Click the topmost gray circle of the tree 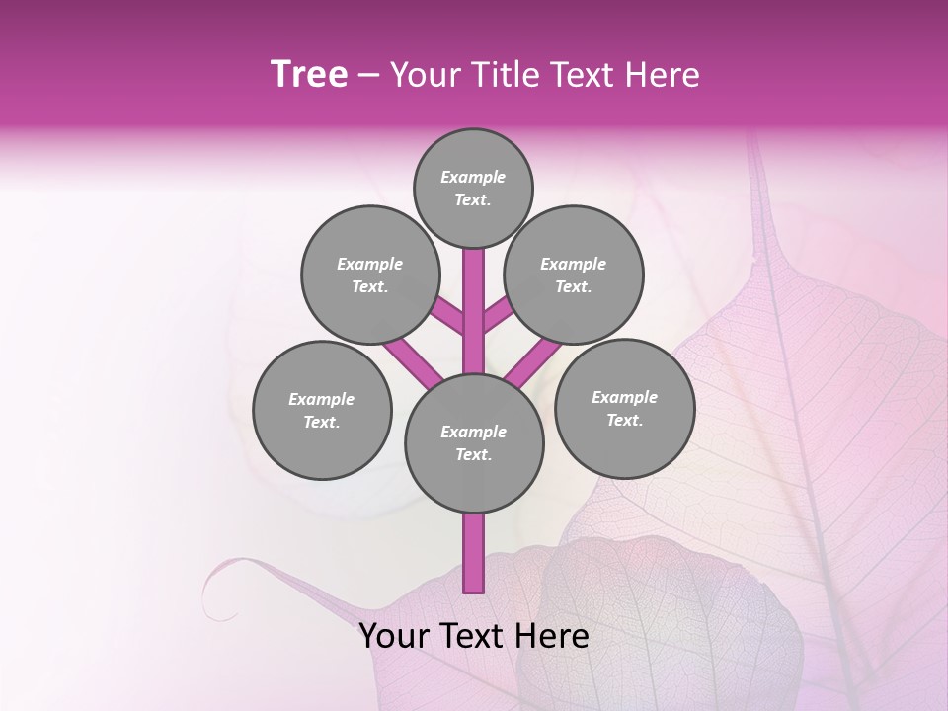[473, 188]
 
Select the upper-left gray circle [369, 275]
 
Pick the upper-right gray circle [574, 275]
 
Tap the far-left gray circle [322, 410]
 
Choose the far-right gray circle [624, 408]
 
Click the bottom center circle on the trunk [474, 442]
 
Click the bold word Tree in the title [309, 75]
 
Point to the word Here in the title [663, 75]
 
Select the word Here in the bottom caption [553, 636]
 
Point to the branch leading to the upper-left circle [448, 316]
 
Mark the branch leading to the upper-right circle [498, 315]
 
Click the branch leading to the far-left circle [413, 359]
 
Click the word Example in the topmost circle [473, 177]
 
